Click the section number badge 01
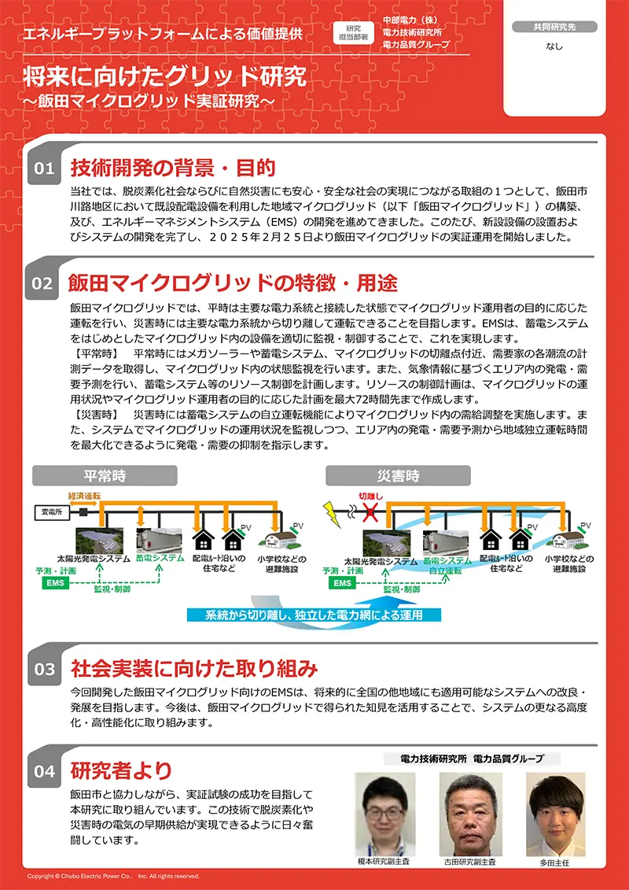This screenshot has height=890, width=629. (x=44, y=168)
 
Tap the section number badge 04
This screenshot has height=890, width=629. (x=44, y=771)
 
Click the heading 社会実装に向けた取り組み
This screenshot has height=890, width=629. (x=194, y=669)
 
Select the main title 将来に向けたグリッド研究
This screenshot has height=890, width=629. (x=164, y=77)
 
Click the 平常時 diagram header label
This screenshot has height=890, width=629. (x=105, y=475)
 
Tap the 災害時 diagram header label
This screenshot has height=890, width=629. (x=398, y=475)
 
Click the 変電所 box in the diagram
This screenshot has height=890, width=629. (x=52, y=512)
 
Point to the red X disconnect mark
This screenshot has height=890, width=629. (x=370, y=512)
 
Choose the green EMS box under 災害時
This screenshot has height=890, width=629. (x=342, y=583)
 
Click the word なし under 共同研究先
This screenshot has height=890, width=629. (x=554, y=46)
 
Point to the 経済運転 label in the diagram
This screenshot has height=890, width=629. (x=83, y=497)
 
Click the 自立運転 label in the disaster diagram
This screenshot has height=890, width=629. (x=445, y=571)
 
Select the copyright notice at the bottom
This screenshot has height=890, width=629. (x=113, y=876)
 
